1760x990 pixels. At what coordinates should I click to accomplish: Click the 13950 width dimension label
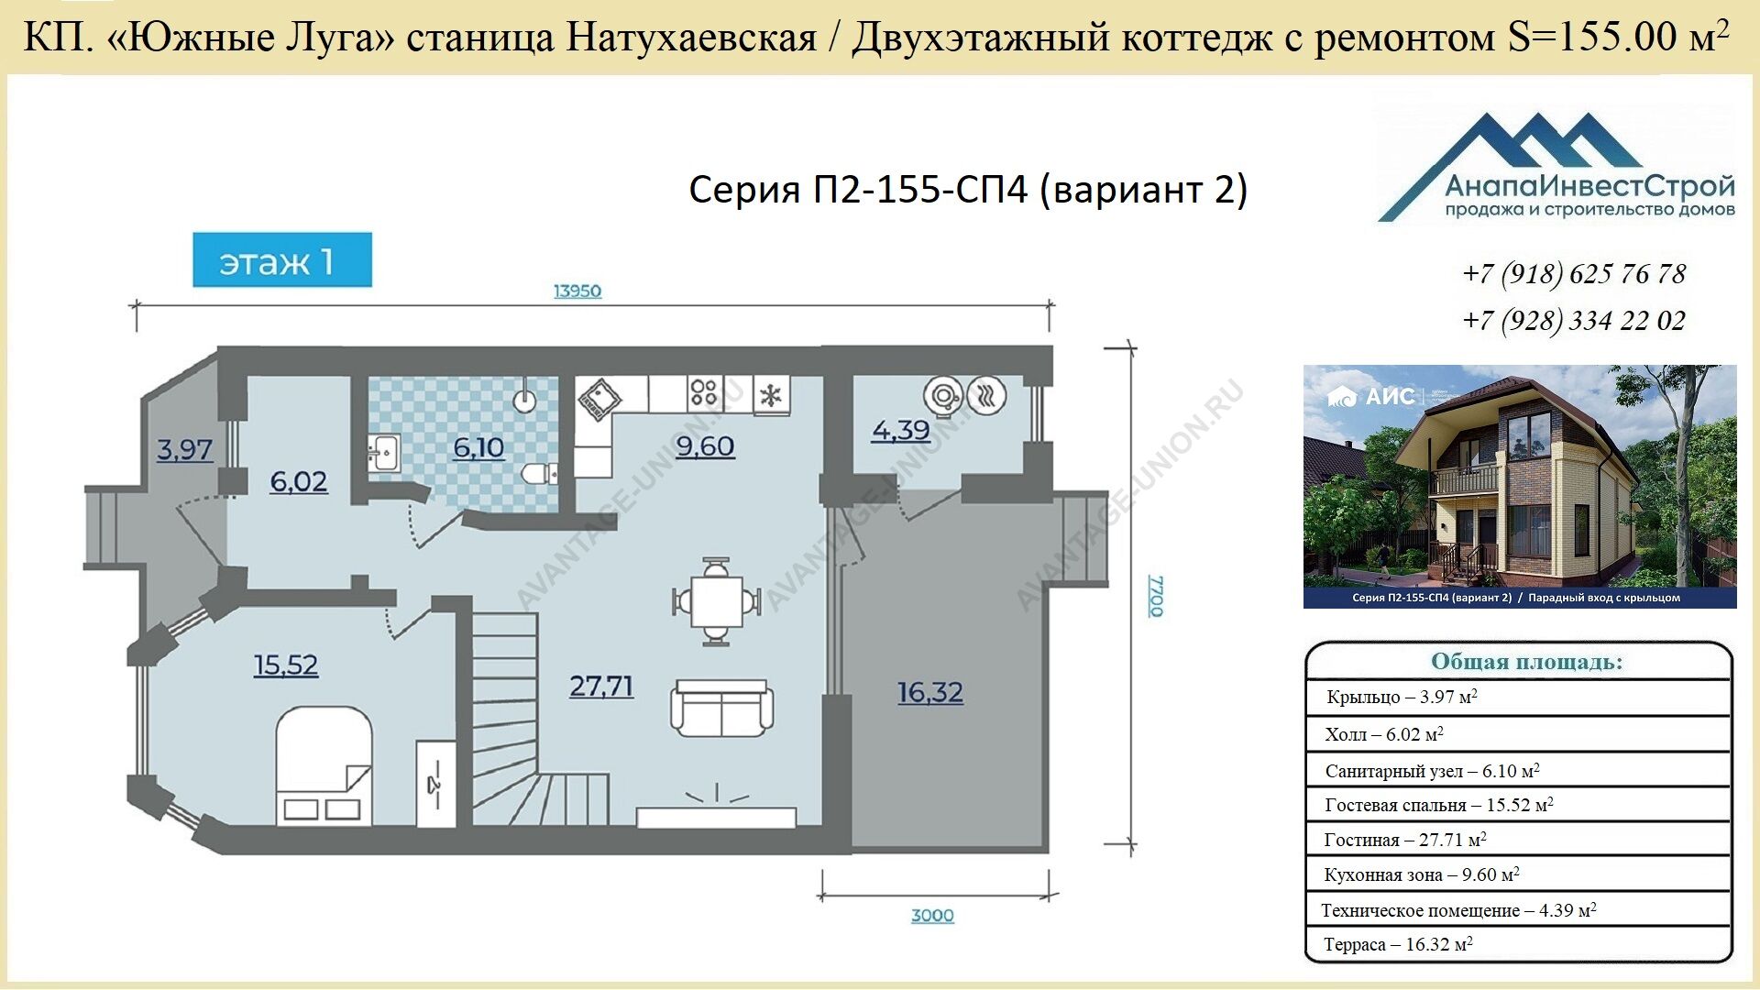click(577, 291)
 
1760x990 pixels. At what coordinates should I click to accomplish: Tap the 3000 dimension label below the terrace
click(932, 915)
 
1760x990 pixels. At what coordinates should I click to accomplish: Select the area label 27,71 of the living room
click(601, 687)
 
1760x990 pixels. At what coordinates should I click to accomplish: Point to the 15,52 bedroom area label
click(286, 665)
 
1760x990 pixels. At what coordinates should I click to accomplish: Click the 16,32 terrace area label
click(930, 692)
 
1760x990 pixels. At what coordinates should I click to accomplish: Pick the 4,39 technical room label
click(901, 431)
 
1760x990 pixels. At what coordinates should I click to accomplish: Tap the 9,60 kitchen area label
click(705, 446)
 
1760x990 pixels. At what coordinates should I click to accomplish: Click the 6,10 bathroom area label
click(479, 447)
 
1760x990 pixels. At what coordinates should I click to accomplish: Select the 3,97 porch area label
click(184, 450)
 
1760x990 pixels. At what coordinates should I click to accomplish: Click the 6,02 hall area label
click(299, 482)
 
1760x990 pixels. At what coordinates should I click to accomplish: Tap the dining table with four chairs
click(716, 601)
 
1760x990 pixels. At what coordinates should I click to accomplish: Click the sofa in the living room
click(722, 708)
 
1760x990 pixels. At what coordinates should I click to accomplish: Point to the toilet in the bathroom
click(539, 474)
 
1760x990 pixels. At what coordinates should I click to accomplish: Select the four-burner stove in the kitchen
click(704, 393)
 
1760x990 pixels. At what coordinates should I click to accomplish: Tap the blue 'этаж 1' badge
click(282, 260)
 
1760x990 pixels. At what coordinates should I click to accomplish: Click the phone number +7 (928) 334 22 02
click(1574, 321)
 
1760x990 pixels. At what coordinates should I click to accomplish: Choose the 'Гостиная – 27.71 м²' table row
click(1405, 840)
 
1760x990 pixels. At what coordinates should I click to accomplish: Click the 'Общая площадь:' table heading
click(1526, 662)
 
